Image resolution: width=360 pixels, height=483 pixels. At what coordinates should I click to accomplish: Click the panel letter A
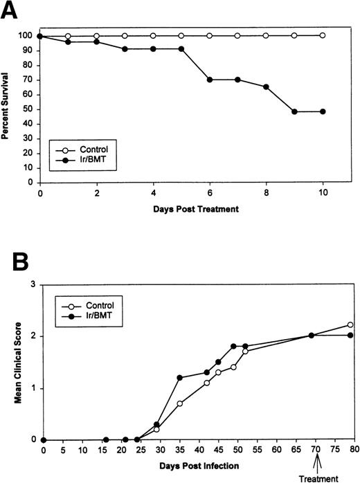(10, 11)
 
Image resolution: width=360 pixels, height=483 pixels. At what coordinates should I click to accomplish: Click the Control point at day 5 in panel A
(181, 35)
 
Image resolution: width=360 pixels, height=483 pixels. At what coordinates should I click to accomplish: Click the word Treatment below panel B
(316, 477)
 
